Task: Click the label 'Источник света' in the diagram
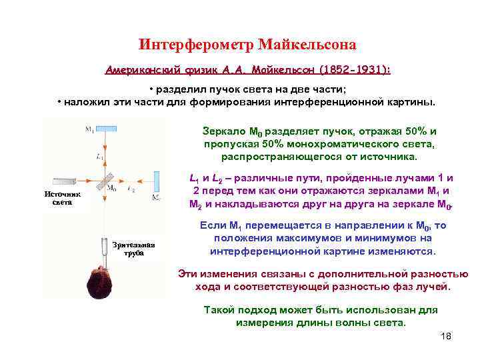click(62, 198)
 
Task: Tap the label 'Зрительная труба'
click(133, 249)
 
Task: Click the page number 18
click(446, 336)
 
